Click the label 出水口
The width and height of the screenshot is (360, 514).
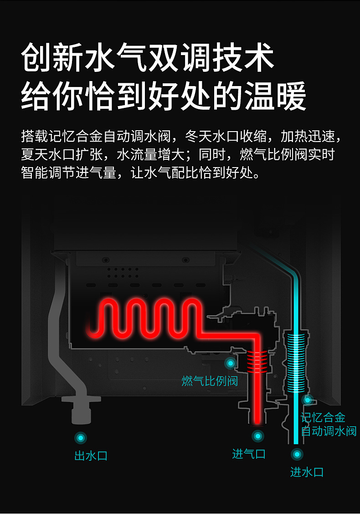point(91,455)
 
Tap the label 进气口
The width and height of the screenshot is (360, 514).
point(248,454)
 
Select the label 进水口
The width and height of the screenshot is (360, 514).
point(307,472)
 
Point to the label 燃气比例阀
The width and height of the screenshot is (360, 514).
point(210,381)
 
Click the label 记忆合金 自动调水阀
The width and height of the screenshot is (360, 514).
point(329,424)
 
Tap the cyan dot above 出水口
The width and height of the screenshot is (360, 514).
point(81,438)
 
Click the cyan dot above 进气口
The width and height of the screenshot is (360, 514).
point(258,436)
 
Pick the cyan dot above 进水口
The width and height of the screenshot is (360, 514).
point(297,454)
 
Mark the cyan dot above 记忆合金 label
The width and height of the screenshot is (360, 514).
point(308,400)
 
